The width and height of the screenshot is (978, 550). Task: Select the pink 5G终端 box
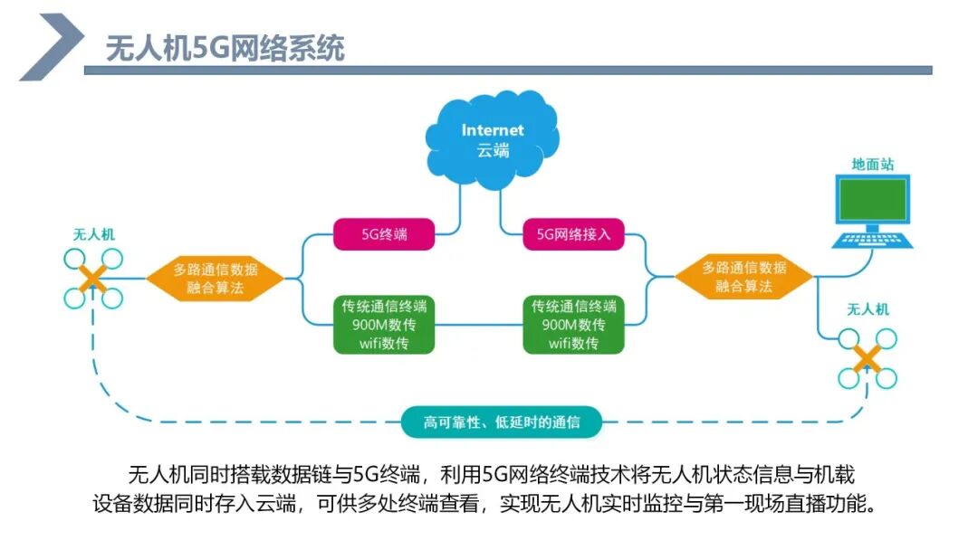point(384,233)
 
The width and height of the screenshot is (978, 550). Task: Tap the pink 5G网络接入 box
point(573,233)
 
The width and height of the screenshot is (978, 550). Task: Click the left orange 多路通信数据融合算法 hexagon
point(215,278)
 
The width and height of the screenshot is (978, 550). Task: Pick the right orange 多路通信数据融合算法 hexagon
point(743,278)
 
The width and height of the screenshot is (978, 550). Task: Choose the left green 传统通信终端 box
point(384,324)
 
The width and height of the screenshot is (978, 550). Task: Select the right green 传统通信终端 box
point(573,324)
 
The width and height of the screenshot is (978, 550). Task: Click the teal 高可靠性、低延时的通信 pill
point(501,422)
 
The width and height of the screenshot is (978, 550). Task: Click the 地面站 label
point(873,165)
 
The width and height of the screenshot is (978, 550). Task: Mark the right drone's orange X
point(867,359)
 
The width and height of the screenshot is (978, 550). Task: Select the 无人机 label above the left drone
point(93,234)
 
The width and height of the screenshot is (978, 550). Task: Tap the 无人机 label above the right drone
point(867,309)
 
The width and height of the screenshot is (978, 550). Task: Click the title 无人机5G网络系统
point(225,48)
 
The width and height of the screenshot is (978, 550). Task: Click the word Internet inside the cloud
point(493,130)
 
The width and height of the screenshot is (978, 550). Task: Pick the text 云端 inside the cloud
point(493,150)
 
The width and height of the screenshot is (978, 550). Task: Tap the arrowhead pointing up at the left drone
point(93,314)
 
